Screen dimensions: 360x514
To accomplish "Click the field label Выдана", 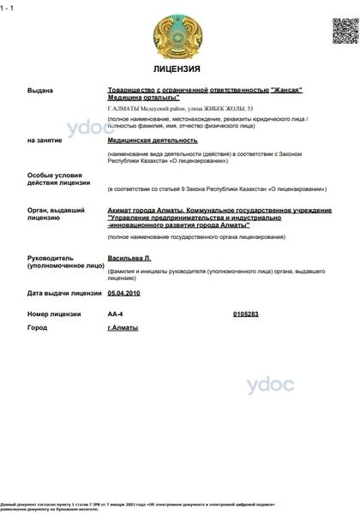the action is (x=40, y=90).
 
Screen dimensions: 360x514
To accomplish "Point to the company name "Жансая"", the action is (x=287, y=90).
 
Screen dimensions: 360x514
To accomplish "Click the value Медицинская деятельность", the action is (x=153, y=139).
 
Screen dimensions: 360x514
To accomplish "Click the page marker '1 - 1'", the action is (x=8, y=6).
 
